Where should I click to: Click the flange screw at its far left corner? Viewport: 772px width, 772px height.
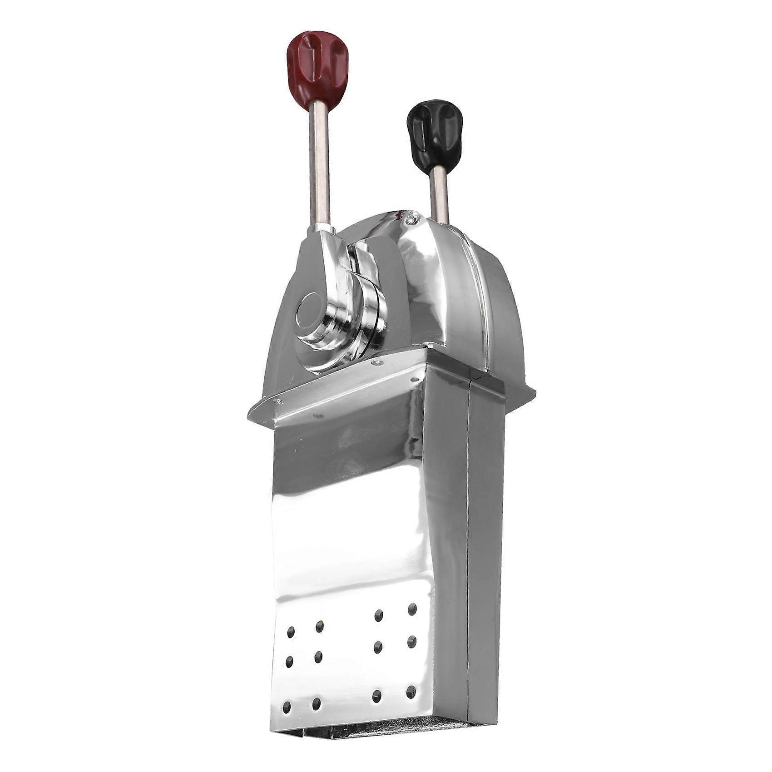click(276, 400)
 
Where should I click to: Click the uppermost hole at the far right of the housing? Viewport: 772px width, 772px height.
click(413, 608)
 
